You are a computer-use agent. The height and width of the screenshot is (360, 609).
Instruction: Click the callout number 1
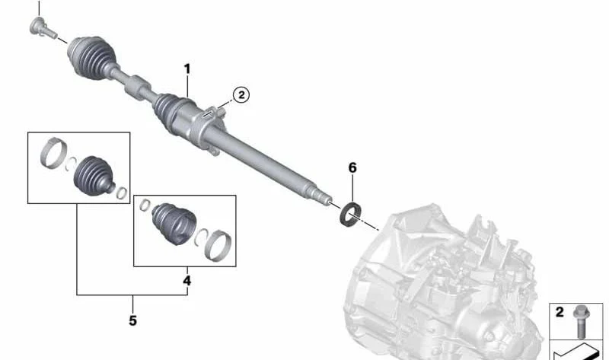pos(187,69)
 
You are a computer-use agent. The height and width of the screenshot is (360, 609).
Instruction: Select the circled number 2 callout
pos(241,95)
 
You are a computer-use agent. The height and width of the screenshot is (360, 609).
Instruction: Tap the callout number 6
pos(352,167)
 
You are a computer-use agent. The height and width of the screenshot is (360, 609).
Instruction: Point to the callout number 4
pos(187,280)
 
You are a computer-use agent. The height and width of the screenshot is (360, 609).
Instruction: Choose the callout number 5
pos(132,320)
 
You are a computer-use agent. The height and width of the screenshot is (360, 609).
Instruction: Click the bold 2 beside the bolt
pos(560,312)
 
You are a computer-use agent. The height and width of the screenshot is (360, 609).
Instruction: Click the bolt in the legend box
pos(581,321)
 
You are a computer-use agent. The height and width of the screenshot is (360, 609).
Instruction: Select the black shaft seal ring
pos(351,214)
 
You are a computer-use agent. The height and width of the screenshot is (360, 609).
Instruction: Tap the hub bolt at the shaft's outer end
pos(42,27)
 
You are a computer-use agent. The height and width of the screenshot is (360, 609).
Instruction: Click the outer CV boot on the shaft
pos(91,58)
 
